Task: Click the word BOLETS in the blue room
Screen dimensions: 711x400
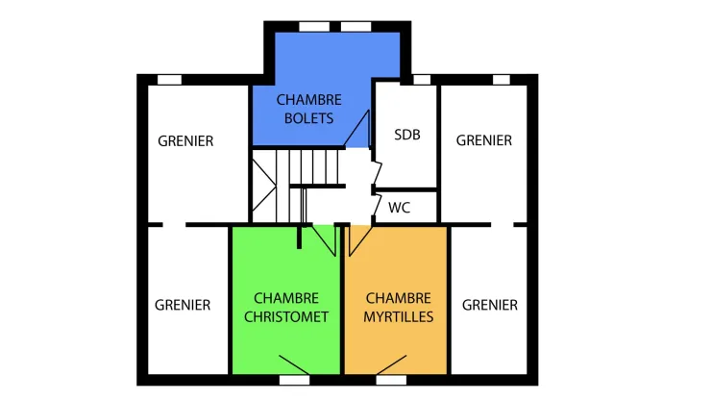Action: [308, 118]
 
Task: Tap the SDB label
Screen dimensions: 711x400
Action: [407, 135]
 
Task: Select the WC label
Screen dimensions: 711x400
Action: [399, 208]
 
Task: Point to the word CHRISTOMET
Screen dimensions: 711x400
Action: [286, 317]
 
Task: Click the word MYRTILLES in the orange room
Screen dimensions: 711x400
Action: [398, 317]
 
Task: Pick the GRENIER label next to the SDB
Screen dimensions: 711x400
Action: [484, 140]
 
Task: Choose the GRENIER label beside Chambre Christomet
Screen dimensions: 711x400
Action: [183, 305]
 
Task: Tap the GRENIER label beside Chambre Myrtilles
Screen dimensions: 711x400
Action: [490, 305]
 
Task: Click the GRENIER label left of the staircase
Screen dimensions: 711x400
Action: [185, 141]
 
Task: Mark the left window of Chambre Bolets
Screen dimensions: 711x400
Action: [314, 27]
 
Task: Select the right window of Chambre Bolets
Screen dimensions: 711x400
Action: [355, 27]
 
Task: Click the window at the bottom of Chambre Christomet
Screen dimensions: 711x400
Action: [294, 380]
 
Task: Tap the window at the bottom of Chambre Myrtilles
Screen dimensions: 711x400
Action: [391, 380]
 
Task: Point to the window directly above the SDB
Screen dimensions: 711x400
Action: [422, 80]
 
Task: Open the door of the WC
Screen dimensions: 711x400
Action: [377, 205]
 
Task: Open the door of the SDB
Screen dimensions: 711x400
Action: [377, 171]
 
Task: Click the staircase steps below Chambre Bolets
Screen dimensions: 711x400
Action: [314, 167]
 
